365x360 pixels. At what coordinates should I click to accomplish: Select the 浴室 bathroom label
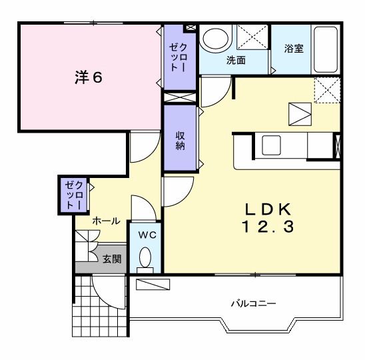pyautogui.click(x=294, y=49)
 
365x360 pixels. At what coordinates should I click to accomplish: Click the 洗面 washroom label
pyautogui.click(x=236, y=60)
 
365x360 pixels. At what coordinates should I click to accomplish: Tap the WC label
pyautogui.click(x=146, y=235)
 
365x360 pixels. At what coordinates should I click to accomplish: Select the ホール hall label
pyautogui.click(x=106, y=220)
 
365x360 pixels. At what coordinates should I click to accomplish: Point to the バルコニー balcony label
pyautogui.click(x=253, y=304)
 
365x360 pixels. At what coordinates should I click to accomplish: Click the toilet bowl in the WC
pyautogui.click(x=147, y=257)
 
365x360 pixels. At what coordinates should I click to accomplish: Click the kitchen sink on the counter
pyautogui.click(x=273, y=145)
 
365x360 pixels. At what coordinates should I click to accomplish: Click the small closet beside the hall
pyautogui.click(x=70, y=195)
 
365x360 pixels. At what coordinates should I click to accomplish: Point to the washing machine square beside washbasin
pyautogui.click(x=253, y=37)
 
